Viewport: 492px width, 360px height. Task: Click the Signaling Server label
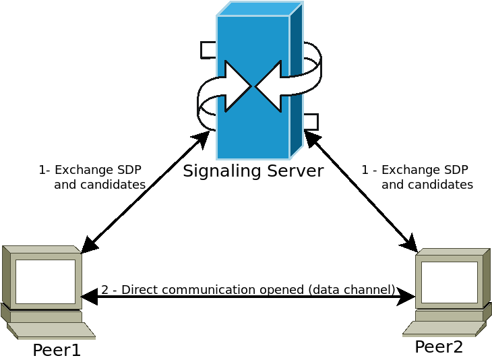(x=253, y=171)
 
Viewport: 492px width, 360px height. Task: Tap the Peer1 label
(x=57, y=351)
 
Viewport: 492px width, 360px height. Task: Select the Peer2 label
(x=439, y=347)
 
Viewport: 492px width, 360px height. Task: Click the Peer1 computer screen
(x=45, y=281)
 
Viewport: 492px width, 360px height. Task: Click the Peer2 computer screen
(x=449, y=282)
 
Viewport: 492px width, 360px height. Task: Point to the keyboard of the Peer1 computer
(x=51, y=330)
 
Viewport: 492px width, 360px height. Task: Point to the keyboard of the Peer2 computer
(x=445, y=328)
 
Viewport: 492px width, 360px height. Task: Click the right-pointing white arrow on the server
(x=236, y=86)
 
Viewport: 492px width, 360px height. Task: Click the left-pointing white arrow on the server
(x=270, y=86)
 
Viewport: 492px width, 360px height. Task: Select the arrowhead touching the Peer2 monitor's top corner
(x=410, y=244)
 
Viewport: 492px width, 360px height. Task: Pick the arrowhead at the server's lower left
(x=202, y=138)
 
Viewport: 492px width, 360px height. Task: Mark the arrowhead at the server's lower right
(x=311, y=138)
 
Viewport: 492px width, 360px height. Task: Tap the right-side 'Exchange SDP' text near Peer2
(x=424, y=170)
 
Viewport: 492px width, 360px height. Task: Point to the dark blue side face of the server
(x=296, y=81)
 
